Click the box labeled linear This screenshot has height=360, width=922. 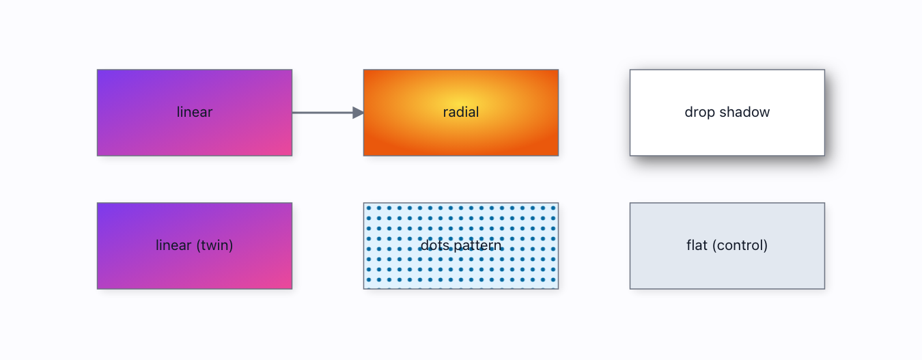[195, 113]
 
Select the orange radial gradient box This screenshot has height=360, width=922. [461, 113]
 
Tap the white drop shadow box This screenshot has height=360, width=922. [727, 113]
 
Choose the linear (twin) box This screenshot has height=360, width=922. [195, 246]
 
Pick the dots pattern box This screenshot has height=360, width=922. [461, 246]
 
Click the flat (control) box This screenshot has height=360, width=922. [727, 246]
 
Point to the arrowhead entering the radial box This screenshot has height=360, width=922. [358, 113]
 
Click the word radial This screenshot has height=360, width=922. [461, 112]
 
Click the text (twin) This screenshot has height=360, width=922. [214, 245]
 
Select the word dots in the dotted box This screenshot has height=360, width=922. [435, 245]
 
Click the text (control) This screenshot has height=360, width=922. [740, 245]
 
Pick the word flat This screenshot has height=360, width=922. [697, 245]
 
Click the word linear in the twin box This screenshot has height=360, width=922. [173, 245]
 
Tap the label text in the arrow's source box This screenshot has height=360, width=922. [195, 112]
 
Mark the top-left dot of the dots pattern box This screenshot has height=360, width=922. [369, 208]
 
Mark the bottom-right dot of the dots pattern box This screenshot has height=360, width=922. [554, 280]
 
